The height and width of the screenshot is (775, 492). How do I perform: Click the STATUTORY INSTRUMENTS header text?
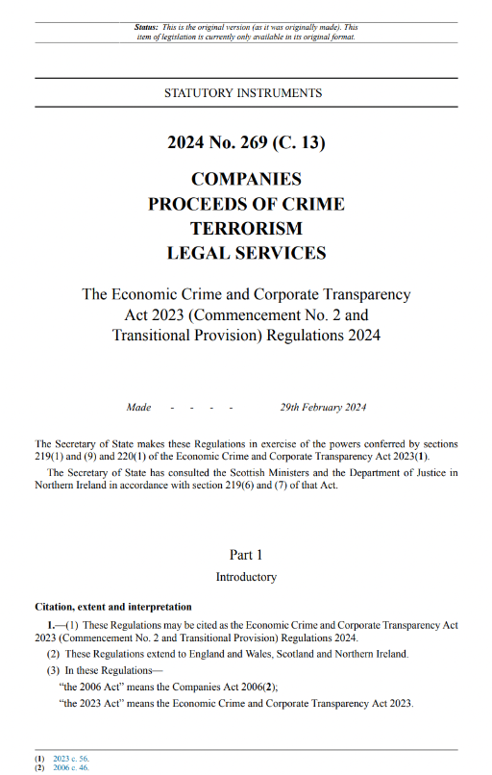(x=243, y=93)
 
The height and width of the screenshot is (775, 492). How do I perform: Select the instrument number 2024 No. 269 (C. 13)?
(x=246, y=143)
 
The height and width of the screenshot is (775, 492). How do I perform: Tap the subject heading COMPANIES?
(x=246, y=179)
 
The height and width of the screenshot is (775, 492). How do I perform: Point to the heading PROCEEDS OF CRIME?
(x=246, y=204)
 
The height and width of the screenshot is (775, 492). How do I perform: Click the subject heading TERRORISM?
(x=246, y=229)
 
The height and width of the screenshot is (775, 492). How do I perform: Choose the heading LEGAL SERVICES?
(x=246, y=254)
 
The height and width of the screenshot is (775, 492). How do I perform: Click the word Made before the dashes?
(x=138, y=408)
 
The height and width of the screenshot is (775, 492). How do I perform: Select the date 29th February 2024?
(x=323, y=408)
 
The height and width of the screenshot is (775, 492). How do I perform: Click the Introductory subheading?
(x=246, y=577)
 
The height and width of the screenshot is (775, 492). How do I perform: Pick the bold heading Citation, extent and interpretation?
(x=112, y=607)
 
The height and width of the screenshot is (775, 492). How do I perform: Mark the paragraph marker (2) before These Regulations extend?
(x=53, y=654)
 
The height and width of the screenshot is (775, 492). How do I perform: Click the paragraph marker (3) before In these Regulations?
(x=53, y=670)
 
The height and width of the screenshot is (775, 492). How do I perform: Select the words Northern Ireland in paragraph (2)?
(x=373, y=654)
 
